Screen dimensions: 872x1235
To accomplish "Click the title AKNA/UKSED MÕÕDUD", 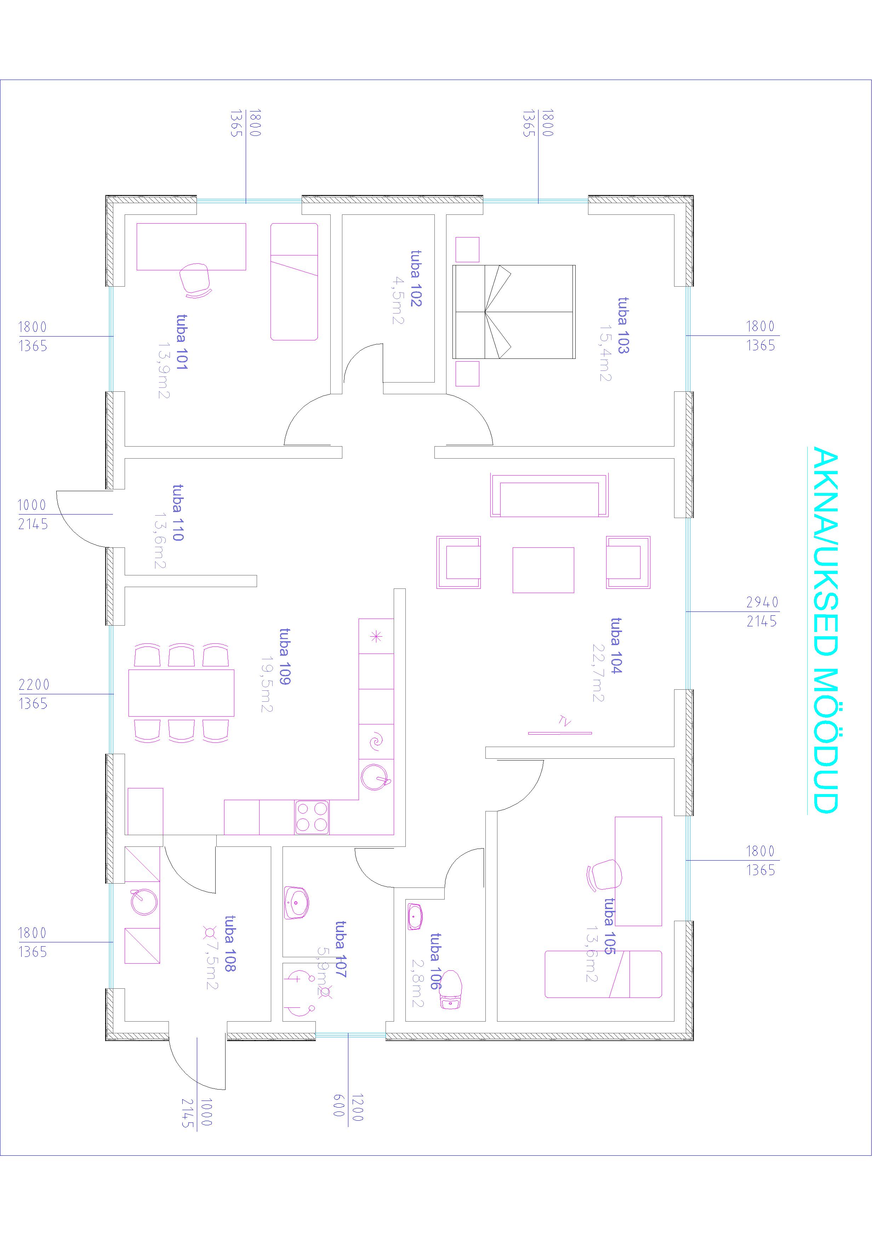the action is (823, 629).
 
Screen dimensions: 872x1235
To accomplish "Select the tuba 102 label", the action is (416, 278).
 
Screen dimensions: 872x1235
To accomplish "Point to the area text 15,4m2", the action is (605, 353).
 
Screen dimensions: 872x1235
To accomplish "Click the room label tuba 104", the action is (616, 645).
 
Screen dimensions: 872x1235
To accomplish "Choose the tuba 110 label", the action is (178, 513).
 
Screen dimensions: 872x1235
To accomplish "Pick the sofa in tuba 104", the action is (549, 495).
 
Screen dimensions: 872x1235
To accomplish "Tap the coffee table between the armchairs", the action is (543, 570).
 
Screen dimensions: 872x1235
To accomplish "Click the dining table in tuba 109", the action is (181, 693).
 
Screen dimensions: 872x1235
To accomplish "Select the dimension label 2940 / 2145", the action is (762, 611).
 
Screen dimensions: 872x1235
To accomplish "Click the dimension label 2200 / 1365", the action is (33, 694).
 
